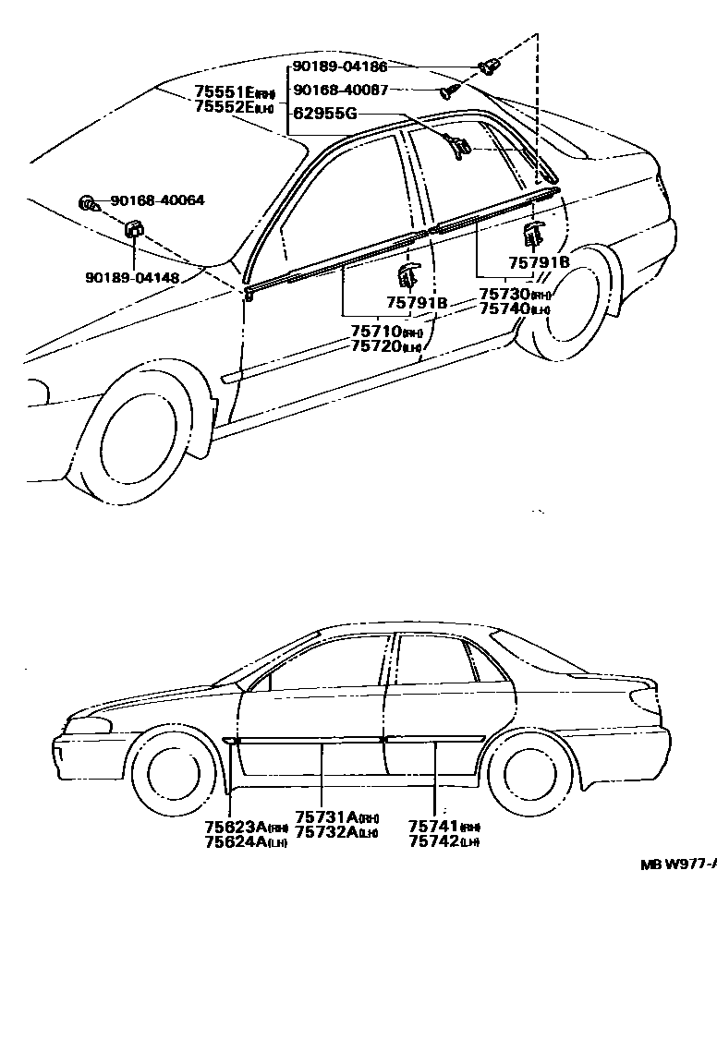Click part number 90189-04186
click(x=340, y=67)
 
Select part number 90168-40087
click(x=340, y=91)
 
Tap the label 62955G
click(x=324, y=115)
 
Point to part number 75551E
click(x=225, y=92)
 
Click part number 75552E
click(x=225, y=107)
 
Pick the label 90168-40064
click(x=157, y=200)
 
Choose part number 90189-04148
click(x=132, y=276)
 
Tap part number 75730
click(x=504, y=294)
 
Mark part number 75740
click(x=504, y=308)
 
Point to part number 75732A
click(x=327, y=832)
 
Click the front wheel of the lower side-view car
click(x=173, y=774)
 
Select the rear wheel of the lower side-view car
click(x=529, y=774)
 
